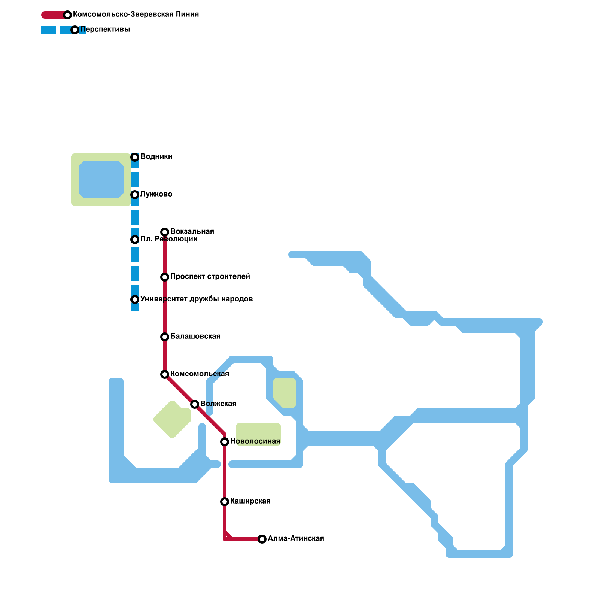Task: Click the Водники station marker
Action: tap(135, 157)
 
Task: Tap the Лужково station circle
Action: tap(135, 195)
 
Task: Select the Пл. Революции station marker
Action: tap(135, 240)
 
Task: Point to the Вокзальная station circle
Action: tap(165, 232)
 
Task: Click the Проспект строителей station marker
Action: tap(165, 277)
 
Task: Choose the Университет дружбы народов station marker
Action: tap(135, 299)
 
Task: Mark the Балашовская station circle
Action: tap(165, 337)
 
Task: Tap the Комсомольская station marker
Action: tap(165, 374)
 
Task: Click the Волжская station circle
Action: tap(195, 404)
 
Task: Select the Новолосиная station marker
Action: tap(225, 442)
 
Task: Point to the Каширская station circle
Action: tap(225, 502)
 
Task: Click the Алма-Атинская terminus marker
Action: tap(262, 539)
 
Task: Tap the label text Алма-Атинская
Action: tap(296, 538)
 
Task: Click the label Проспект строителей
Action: tap(210, 276)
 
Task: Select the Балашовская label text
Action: tap(195, 336)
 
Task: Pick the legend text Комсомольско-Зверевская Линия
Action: tap(136, 14)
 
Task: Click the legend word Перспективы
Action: tap(105, 29)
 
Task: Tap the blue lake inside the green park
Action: tap(101, 180)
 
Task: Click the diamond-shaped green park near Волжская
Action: tap(172, 419)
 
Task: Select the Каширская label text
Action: tap(250, 501)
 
